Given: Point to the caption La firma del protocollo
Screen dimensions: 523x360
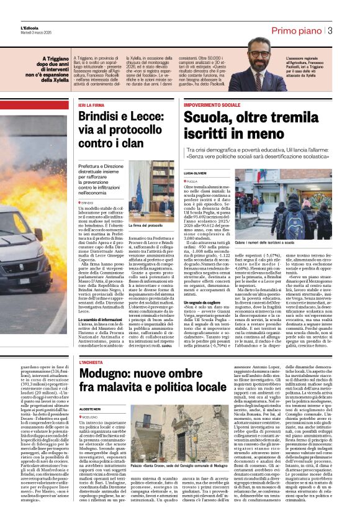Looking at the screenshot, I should pos(146,225).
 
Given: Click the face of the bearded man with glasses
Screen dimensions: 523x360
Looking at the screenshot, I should pos(258,60).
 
